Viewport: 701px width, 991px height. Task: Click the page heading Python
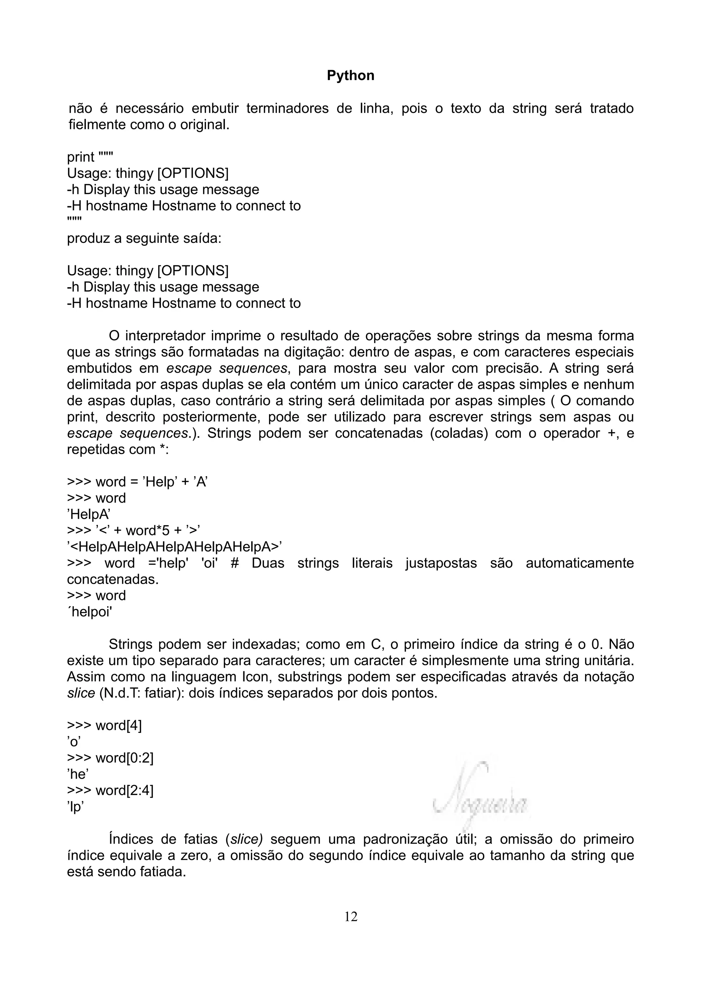tap(350, 76)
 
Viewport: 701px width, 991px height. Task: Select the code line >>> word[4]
tap(104, 726)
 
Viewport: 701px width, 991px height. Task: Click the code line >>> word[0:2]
tap(110, 758)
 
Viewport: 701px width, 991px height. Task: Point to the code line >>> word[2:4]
tap(110, 790)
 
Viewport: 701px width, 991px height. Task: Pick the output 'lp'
tap(75, 807)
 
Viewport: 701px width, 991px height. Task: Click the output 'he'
tap(78, 774)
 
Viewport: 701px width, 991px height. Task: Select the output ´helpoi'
tap(89, 612)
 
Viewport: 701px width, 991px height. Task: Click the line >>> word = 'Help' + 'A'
tap(137, 482)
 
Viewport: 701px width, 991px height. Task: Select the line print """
tap(90, 157)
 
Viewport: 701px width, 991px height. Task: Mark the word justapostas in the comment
tap(441, 563)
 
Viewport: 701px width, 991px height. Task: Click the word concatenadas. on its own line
tap(113, 579)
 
